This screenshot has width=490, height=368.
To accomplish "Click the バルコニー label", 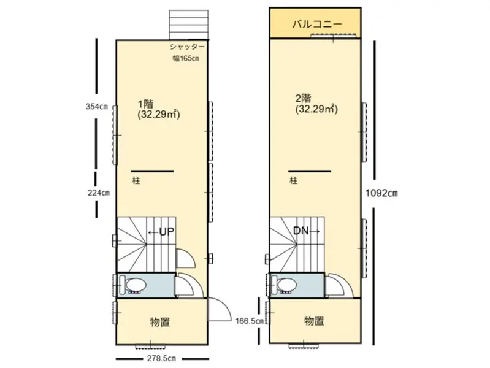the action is (317, 24).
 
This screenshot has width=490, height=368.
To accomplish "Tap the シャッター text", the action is (187, 47).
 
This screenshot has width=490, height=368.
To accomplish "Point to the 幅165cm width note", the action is (186, 58).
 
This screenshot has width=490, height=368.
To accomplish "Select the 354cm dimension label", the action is (97, 107).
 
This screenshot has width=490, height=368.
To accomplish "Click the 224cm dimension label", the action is (99, 193).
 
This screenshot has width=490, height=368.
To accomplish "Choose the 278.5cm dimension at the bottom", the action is (161, 359).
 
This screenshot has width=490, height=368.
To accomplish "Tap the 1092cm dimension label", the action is (381, 193).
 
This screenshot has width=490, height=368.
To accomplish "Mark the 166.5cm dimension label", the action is (250, 321).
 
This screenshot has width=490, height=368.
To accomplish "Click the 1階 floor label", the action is (145, 104).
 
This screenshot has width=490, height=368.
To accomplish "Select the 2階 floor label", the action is (303, 99).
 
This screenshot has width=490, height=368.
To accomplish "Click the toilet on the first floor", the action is (133, 285).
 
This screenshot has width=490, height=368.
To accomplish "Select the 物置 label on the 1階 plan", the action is (160, 322).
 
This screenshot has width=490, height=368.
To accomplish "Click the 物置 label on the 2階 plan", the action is (314, 321).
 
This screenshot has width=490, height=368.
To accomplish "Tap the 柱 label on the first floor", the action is (136, 181).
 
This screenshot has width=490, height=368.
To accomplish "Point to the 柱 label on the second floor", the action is (293, 180).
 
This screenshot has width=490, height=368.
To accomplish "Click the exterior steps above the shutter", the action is (189, 25).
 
